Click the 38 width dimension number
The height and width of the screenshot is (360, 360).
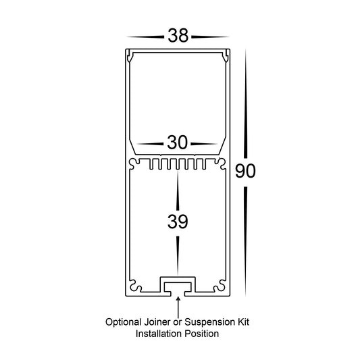tap(178, 36)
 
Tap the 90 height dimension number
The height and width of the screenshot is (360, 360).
tap(245, 171)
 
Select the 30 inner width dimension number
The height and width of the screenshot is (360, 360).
tap(177, 143)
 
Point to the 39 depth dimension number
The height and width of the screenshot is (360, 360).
tap(178, 222)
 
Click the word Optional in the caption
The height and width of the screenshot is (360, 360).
tap(124, 322)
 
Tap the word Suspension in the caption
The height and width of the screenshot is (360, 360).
tap(210, 322)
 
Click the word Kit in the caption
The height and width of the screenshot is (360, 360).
tap(244, 322)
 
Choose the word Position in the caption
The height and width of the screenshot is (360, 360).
tap(202, 334)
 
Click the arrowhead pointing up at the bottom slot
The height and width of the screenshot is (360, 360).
tap(178, 299)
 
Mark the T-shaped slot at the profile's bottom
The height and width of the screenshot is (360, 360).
tap(178, 286)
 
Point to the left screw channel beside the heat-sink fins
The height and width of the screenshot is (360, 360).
tap(134, 163)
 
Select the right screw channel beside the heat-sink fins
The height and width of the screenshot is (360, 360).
tap(221, 163)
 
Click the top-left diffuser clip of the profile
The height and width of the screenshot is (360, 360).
tap(130, 56)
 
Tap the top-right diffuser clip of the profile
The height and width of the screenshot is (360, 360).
tap(226, 56)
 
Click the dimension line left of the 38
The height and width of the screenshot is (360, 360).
tap(145, 36)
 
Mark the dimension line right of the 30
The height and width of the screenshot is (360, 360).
tap(204, 144)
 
